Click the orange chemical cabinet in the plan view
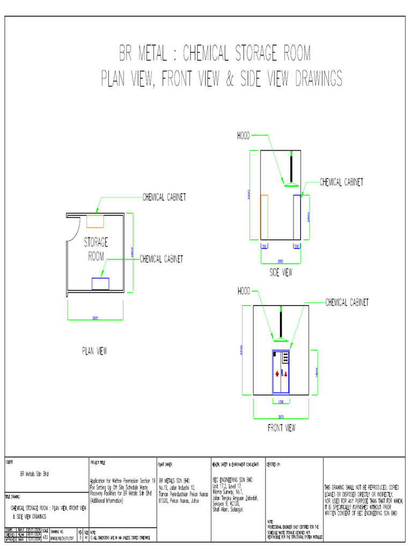pos(95,220)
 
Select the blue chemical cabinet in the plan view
pos(100,284)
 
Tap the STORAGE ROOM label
pos(96,249)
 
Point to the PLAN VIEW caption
pos(94,351)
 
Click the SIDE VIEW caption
pos(281,273)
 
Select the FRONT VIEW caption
pos(281,428)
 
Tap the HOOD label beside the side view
pos(244,136)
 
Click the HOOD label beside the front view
pos(244,291)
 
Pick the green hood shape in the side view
pos(292,185)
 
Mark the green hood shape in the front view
pos(281,339)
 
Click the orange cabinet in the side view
pos(264,217)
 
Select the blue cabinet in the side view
pos(297,217)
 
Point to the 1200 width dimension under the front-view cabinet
pos(281,401)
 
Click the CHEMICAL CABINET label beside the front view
pos(347,303)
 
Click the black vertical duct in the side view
pos(291,167)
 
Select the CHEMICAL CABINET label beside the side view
pos(341,182)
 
